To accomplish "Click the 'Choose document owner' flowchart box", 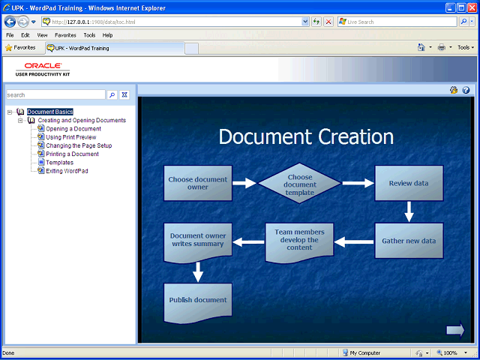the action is tap(198, 183).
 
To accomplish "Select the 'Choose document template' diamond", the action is tap(300, 183).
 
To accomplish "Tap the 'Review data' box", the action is tap(409, 183).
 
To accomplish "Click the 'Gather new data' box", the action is tap(409, 241).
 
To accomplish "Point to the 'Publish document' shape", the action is tap(198, 301).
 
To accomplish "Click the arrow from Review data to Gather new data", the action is tap(409, 211).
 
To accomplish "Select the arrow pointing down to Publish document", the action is tap(198, 271).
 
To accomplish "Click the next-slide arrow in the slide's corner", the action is tap(455, 330).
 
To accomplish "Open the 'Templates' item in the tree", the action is tap(60, 163).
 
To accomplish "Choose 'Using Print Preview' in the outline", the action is tap(71, 137).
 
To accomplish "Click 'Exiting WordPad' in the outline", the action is tap(67, 171).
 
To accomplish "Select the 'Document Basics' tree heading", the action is tap(50, 112).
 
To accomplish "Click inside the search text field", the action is tap(55, 95).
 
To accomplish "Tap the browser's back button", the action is tap(10, 22).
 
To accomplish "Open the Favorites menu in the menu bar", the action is tap(65, 35).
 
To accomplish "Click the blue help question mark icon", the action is tap(466, 90).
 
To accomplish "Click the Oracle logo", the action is tap(43, 65).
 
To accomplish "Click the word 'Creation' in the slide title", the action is tap(355, 136).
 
